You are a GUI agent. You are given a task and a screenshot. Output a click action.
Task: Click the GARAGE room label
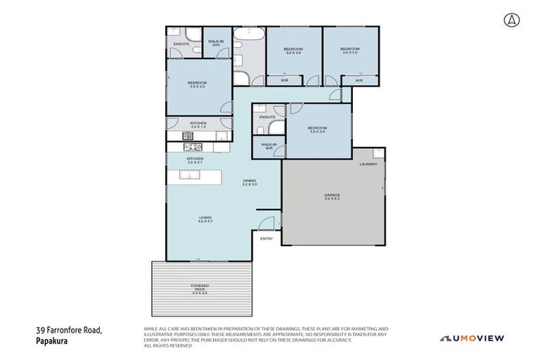pyautogui.click(x=332, y=197)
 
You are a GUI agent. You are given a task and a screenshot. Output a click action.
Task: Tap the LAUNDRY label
pyautogui.click(x=368, y=165)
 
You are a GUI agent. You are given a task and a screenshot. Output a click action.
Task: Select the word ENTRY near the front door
pyautogui.click(x=266, y=239)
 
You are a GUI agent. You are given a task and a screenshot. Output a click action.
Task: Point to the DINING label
pyautogui.click(x=250, y=182)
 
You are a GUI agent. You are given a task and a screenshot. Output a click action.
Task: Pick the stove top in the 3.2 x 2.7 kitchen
pyautogui.click(x=193, y=148)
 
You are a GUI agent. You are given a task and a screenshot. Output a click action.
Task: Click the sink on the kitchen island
pyautogui.click(x=187, y=175)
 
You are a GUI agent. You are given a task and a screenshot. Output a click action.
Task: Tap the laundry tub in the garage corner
pyautogui.click(x=378, y=153)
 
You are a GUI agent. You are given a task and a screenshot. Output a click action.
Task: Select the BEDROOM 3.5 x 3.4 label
pyautogui.click(x=317, y=129)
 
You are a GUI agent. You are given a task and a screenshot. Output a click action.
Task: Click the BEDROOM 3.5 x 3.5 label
pyautogui.click(x=197, y=84)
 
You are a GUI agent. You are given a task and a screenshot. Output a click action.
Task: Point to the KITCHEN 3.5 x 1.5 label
pyautogui.click(x=198, y=125)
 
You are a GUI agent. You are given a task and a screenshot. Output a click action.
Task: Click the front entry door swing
pyautogui.click(x=266, y=224)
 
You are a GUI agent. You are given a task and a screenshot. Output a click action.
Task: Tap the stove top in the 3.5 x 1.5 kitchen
pyautogui.click(x=188, y=136)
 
